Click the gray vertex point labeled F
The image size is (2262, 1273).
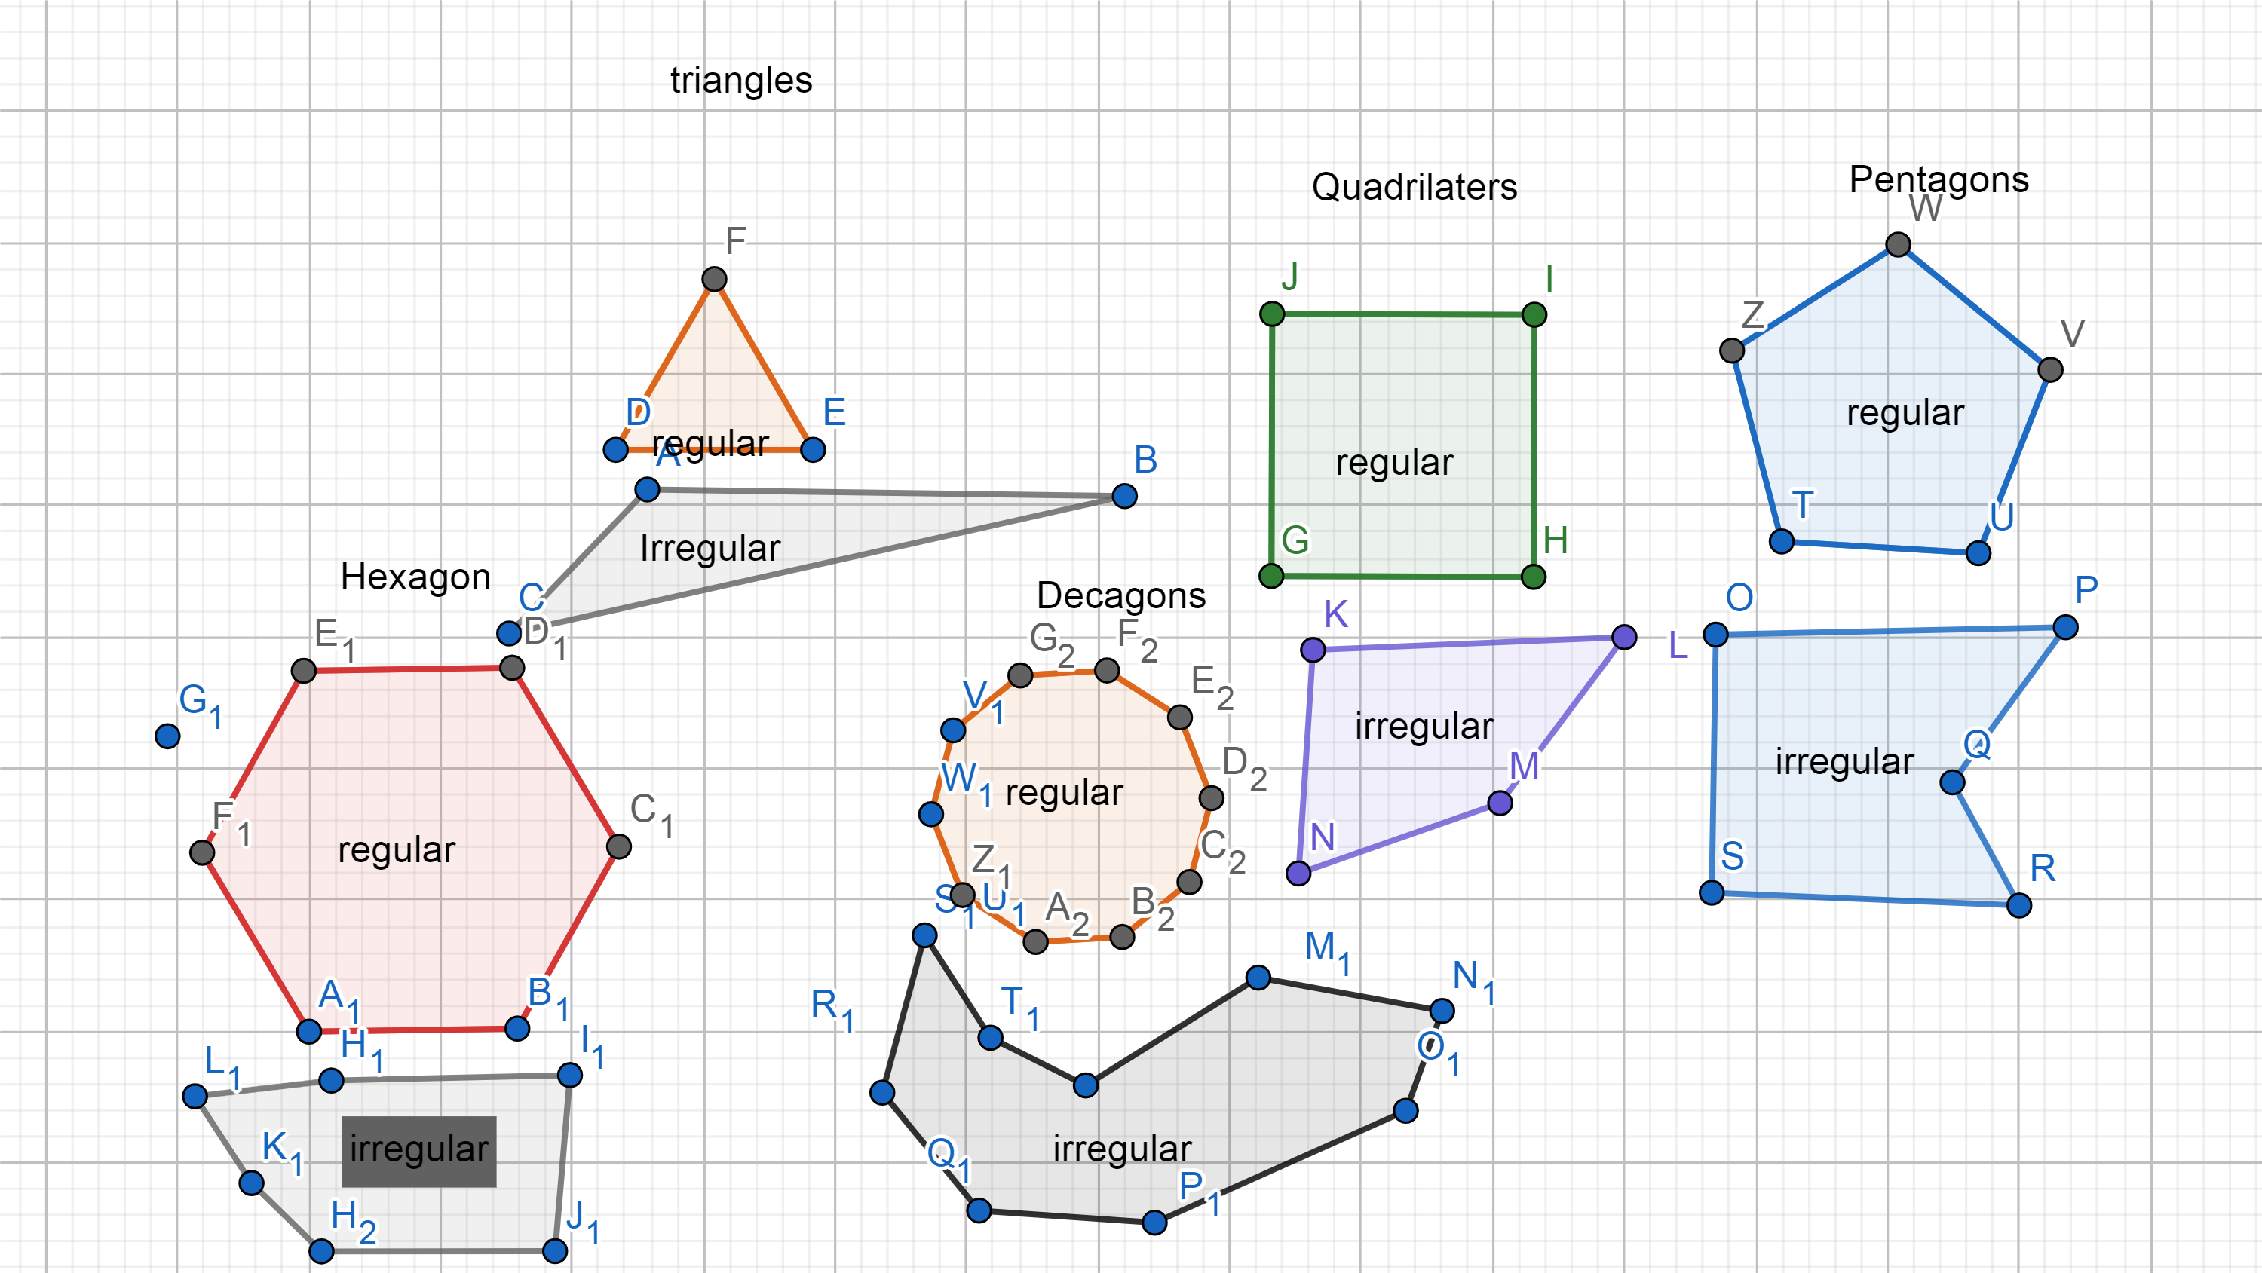click(x=714, y=279)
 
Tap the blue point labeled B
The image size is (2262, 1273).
click(x=1124, y=496)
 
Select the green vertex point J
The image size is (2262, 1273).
click(x=1271, y=314)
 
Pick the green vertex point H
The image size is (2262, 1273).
click(x=1533, y=577)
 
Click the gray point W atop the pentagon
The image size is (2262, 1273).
click(x=1898, y=244)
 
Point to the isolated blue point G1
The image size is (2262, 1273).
click(x=167, y=736)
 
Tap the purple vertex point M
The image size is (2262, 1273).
click(x=1500, y=803)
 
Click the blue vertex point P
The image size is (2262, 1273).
click(x=2065, y=627)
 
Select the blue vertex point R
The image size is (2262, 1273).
click(x=2018, y=905)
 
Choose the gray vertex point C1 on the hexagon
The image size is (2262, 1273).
click(x=619, y=846)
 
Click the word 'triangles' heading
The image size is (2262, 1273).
click(x=741, y=80)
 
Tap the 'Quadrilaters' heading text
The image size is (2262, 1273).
click(x=1414, y=187)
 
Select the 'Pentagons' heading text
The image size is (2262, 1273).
click(x=1939, y=179)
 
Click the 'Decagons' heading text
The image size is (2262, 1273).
click(x=1120, y=595)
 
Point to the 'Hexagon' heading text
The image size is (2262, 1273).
click(x=415, y=577)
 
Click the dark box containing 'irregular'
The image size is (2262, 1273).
click(x=419, y=1151)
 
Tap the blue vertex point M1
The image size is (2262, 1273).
click(x=1258, y=977)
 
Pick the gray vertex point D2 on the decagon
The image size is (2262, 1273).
click(x=1211, y=797)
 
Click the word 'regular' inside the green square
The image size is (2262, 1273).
click(x=1394, y=463)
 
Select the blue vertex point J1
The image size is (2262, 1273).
click(x=555, y=1250)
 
